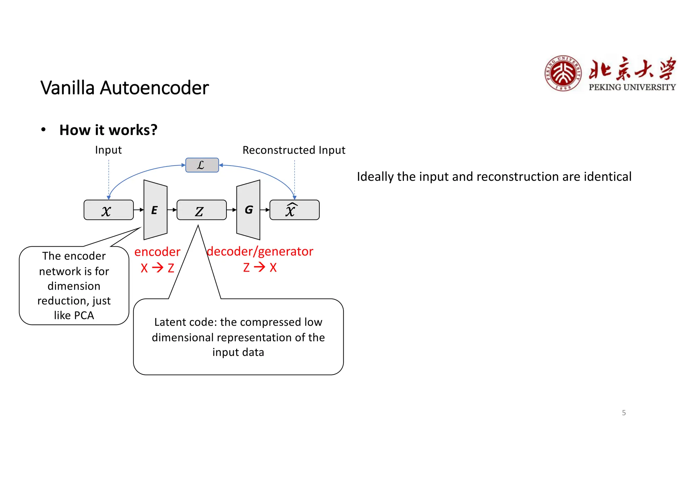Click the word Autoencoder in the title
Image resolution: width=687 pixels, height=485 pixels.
pos(154,88)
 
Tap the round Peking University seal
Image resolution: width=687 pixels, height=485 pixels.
pos(563,73)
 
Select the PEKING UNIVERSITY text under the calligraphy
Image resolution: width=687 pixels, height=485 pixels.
pos(632,87)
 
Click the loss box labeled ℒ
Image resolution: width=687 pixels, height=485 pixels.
pos(202,165)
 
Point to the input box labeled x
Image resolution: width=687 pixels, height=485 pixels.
pos(108,210)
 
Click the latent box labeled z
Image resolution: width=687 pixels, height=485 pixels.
pos(201,210)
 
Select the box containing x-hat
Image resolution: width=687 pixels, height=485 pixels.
pos(294,210)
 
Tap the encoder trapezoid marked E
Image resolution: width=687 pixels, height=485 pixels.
pos(155,210)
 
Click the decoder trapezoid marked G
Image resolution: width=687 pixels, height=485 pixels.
pos(249,210)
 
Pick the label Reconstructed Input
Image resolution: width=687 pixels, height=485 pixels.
pos(294,150)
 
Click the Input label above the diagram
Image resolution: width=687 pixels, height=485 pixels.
pos(108,150)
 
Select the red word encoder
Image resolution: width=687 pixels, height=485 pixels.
pos(157,252)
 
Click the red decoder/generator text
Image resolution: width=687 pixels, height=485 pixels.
pos(260,251)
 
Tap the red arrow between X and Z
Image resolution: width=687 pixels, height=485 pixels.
pos(158,267)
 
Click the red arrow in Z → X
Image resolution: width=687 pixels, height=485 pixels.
pos(260,267)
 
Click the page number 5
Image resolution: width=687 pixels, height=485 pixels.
pos(624,413)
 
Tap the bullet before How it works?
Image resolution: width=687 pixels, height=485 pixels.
pos(43,130)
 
